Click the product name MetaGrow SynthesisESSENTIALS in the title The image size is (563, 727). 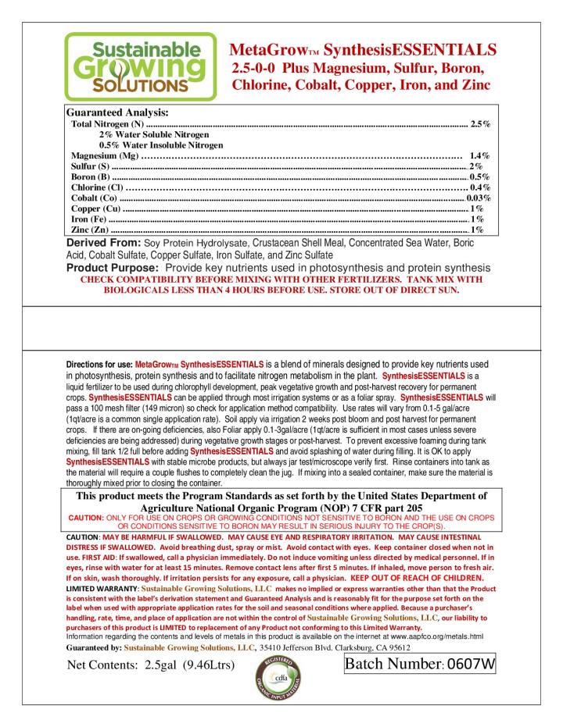363,51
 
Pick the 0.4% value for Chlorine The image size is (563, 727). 479,187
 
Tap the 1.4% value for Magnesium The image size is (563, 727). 479,155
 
